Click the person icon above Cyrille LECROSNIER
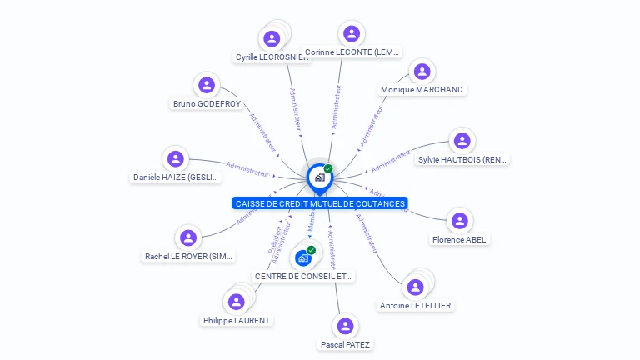(272, 38)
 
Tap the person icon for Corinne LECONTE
(352, 33)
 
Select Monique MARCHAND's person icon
(422, 71)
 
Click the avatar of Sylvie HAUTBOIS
(462, 141)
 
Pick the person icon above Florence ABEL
(459, 221)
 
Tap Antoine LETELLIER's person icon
(414, 287)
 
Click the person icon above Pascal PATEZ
(345, 326)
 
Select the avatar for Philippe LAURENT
(236, 302)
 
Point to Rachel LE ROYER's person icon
(188, 237)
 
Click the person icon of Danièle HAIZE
(175, 158)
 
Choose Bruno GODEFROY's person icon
(207, 85)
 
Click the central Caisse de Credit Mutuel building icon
(319, 177)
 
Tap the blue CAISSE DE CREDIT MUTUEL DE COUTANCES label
(320, 203)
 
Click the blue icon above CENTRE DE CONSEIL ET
(303, 257)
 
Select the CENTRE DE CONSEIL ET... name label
(303, 276)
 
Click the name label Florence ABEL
(459, 240)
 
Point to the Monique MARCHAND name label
(422, 90)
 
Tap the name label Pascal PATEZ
(345, 344)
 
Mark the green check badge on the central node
(328, 168)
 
